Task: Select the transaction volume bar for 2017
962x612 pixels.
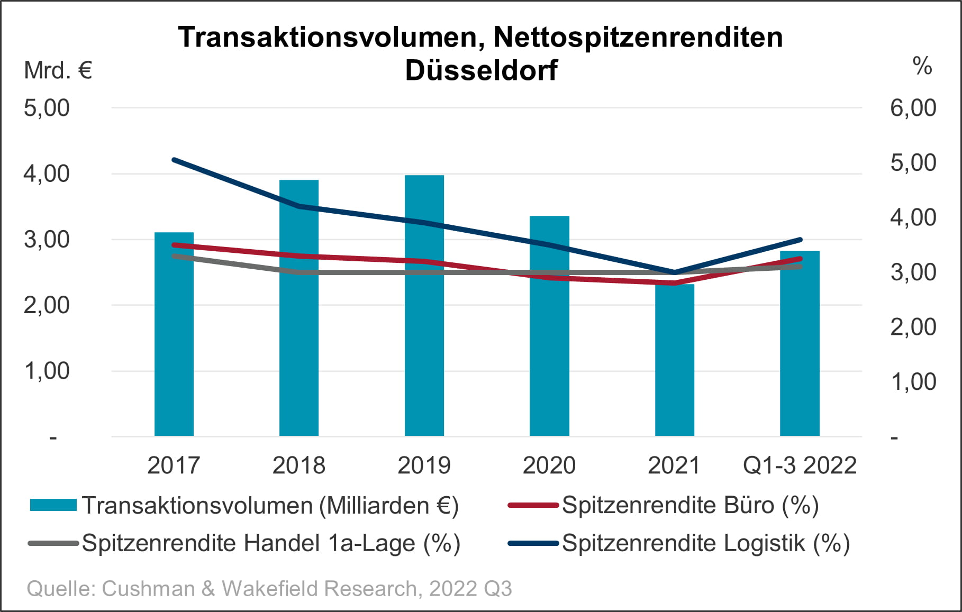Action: (174, 344)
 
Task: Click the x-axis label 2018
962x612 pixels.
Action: (298, 465)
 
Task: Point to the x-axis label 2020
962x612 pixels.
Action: (549, 465)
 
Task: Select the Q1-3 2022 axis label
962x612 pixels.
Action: (800, 465)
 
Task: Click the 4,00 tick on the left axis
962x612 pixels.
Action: (47, 173)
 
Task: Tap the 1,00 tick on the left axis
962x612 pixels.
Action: (47, 371)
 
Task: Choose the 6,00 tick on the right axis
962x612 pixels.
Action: (913, 108)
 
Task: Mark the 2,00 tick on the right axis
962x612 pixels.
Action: (913, 327)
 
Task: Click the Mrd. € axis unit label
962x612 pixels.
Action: (58, 70)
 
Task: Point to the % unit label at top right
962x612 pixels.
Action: (922, 66)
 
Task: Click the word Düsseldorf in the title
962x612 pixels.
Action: (481, 70)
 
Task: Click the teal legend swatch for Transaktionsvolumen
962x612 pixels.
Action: (53, 505)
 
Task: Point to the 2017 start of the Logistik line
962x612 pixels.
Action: (174, 160)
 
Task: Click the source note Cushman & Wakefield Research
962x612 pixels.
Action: (269, 589)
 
